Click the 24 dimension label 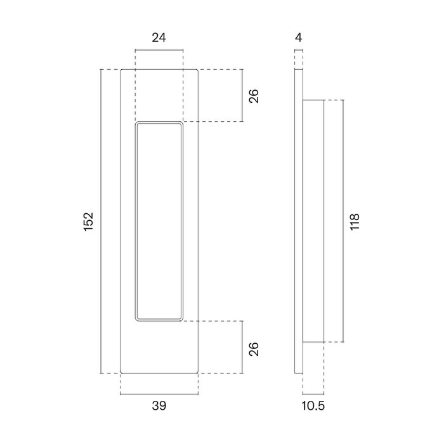[x=159, y=37]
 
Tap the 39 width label [x=159, y=407]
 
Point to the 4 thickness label [x=299, y=37]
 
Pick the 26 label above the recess [x=253, y=96]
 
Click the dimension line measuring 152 [x=102, y=221]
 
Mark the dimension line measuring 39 [x=159, y=394]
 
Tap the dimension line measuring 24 [x=159, y=50]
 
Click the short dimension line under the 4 [x=299, y=50]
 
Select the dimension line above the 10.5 [x=313, y=394]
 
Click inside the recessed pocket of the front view [x=159, y=221]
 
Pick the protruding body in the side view [x=313, y=221]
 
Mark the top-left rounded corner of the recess [x=138, y=124]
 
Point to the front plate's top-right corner [x=197, y=70]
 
